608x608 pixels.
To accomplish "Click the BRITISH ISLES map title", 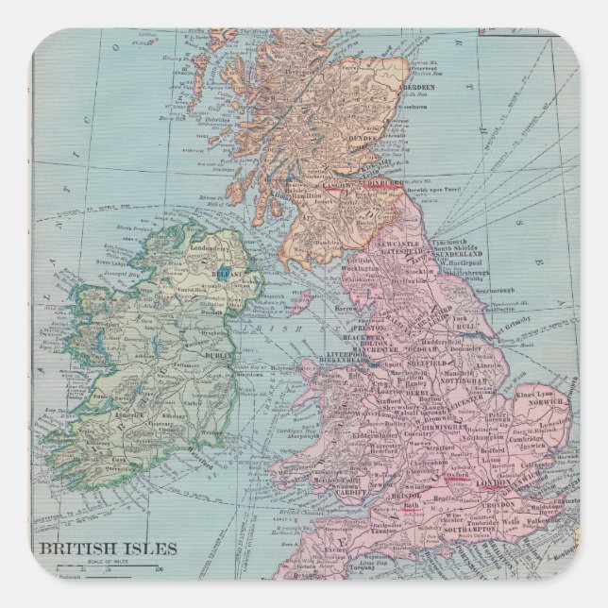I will coord(107,549).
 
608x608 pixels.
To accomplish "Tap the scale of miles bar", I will coord(110,568).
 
